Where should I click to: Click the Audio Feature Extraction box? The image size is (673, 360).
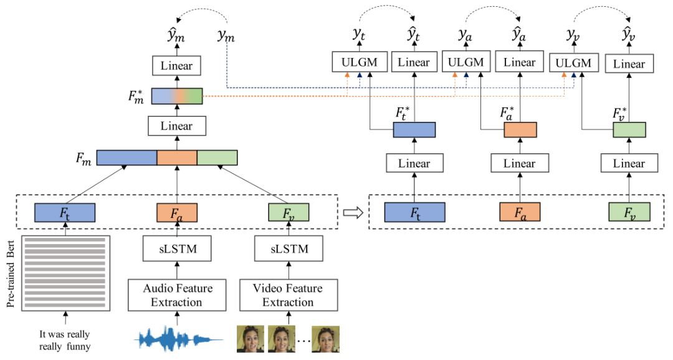pyautogui.click(x=178, y=295)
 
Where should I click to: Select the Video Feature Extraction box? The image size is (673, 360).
pyautogui.click(x=288, y=295)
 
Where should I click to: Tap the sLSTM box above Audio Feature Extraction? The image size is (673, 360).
pyautogui.click(x=178, y=250)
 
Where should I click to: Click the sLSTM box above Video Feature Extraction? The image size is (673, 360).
pyautogui.click(x=287, y=250)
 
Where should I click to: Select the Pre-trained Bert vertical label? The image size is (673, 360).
pyautogui.click(x=10, y=273)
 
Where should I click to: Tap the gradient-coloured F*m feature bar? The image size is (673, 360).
pyautogui.click(x=177, y=97)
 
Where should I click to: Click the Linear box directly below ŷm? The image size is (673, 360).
pyautogui.click(x=177, y=65)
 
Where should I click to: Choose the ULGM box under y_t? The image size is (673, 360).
pyautogui.click(x=360, y=62)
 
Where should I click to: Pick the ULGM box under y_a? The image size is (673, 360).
pyautogui.click(x=465, y=62)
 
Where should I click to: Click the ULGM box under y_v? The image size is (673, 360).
pyautogui.click(x=573, y=63)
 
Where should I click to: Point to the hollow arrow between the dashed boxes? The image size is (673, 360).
pyautogui.click(x=353, y=212)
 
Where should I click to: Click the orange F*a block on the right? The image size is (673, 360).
pyautogui.click(x=520, y=130)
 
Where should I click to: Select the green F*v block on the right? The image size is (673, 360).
pyautogui.click(x=629, y=130)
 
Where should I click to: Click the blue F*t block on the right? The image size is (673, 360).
pyautogui.click(x=414, y=130)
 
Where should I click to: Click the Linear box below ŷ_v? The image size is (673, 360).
pyautogui.click(x=629, y=64)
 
